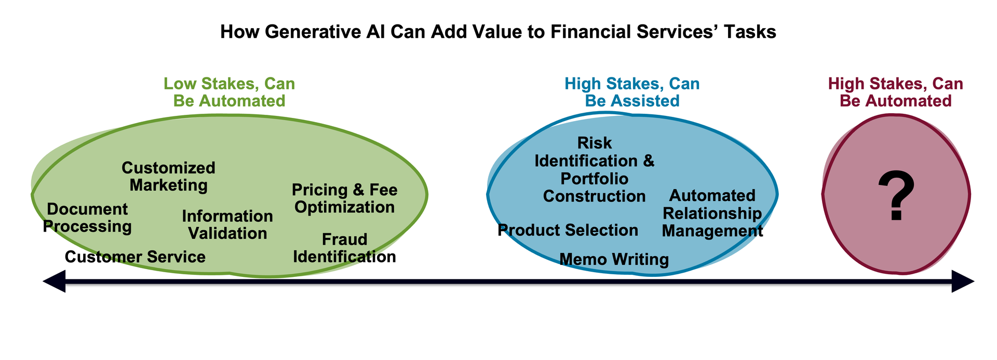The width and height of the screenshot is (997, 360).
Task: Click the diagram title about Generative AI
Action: (x=498, y=32)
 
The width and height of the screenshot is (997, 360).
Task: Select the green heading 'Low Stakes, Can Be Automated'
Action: (x=229, y=92)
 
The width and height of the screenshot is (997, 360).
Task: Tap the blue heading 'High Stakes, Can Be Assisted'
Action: (x=632, y=92)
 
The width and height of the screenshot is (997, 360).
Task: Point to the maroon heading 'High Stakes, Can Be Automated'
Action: (x=895, y=92)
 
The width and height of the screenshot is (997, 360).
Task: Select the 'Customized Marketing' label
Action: (x=168, y=176)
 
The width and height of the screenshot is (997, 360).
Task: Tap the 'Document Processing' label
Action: (x=87, y=218)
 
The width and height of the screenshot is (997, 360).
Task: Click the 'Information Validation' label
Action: (x=227, y=224)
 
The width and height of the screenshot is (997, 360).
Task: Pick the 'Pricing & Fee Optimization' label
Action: (x=344, y=198)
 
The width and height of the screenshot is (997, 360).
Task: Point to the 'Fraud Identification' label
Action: (x=344, y=248)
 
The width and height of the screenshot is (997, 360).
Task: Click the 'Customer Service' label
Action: (x=135, y=257)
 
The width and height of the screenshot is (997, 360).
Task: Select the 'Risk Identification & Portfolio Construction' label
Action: (x=595, y=169)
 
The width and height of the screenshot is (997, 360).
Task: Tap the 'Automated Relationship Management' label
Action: (x=712, y=213)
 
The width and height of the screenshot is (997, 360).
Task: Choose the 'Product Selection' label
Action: (x=568, y=230)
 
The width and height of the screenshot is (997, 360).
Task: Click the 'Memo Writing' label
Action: (x=614, y=259)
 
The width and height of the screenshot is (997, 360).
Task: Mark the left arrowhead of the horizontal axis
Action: (x=55, y=282)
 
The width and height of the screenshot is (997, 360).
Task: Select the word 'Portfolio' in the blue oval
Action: (x=595, y=179)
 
